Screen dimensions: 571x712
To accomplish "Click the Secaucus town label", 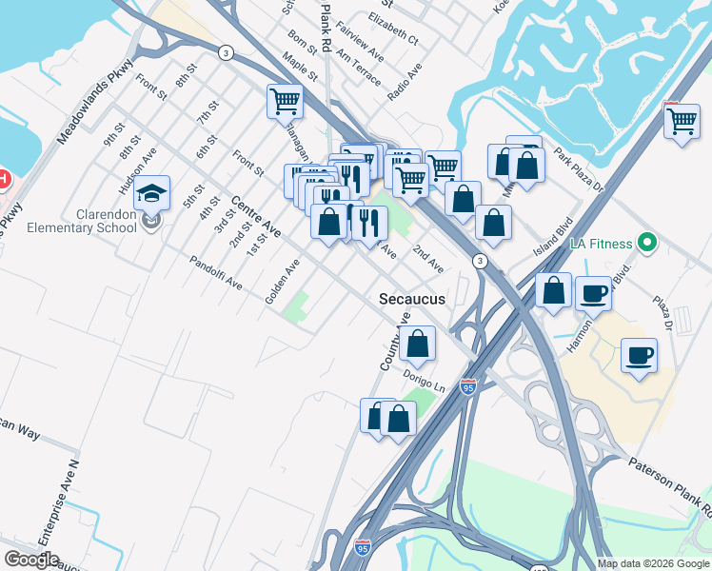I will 412,299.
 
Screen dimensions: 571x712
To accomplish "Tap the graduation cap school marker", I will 151,195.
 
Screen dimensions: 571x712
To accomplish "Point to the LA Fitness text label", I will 601,244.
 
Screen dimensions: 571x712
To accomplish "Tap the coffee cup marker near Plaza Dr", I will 638,357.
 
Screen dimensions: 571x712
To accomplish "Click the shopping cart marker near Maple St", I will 285,100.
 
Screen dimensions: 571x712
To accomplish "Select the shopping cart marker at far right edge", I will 682,123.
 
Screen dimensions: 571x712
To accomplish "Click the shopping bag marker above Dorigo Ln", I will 417,344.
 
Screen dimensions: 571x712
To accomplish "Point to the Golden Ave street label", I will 283,282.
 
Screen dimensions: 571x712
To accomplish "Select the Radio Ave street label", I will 405,83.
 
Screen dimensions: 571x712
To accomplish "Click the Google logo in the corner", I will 31,560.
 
